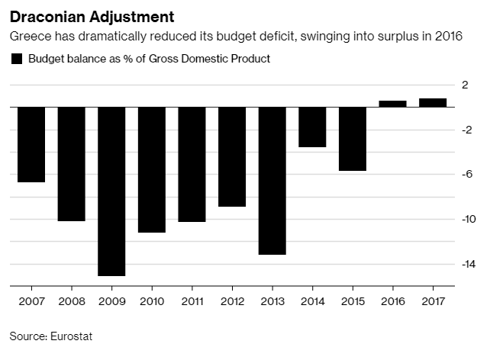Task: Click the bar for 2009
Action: tap(111, 191)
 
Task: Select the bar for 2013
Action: tap(272, 181)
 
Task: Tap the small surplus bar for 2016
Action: tap(392, 104)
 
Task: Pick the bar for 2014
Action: tap(312, 127)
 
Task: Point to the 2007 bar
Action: tap(31, 145)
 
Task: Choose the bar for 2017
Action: tap(433, 103)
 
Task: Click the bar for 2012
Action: tap(232, 157)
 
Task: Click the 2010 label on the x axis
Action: tap(152, 301)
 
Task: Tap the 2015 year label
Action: tap(353, 301)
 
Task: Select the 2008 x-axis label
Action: tap(72, 301)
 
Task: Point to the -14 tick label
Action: tap(469, 264)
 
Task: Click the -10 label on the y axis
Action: tap(469, 219)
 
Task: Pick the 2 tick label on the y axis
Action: tap(465, 85)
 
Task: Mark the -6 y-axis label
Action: tap(467, 174)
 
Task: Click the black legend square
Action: tap(17, 59)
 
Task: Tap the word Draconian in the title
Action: tap(48, 17)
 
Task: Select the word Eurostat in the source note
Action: tap(71, 336)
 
